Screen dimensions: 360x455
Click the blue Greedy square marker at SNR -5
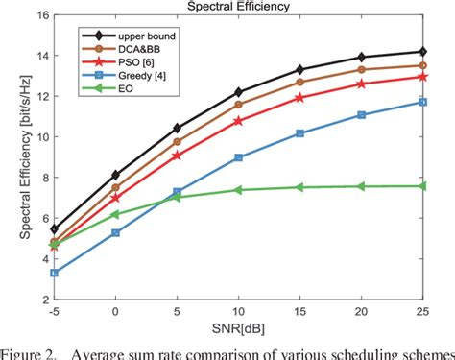coord(53,273)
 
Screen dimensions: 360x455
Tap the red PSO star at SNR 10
coord(238,121)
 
